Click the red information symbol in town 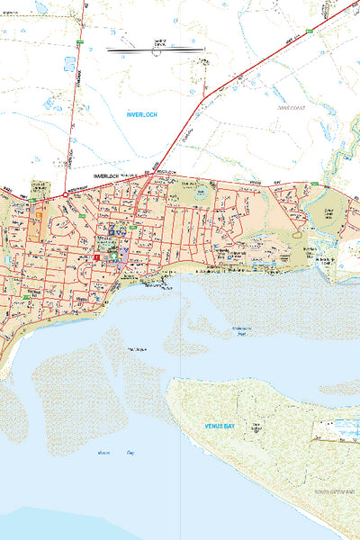tap(95, 257)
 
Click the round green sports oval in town tap(199, 193)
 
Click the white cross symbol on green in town tap(113, 257)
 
